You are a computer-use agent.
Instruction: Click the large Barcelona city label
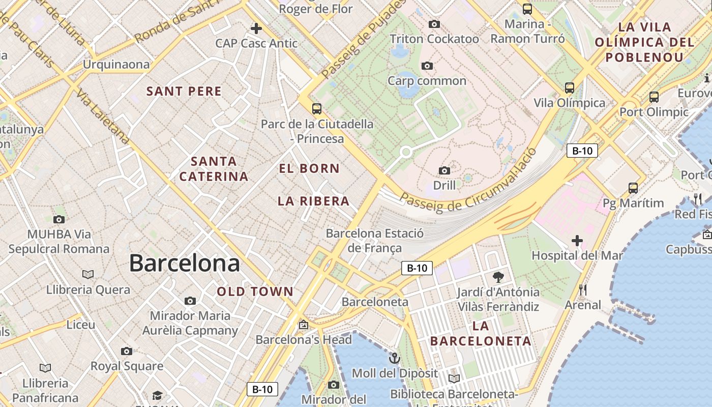[184, 263]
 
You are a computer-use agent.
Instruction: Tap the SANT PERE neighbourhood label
[184, 92]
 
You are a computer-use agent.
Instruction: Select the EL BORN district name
[309, 168]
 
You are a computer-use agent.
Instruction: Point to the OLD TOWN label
[255, 292]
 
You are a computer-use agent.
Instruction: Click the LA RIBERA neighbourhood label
[314, 201]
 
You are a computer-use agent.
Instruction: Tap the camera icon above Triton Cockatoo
[434, 24]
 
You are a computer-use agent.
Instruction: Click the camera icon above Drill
[444, 170]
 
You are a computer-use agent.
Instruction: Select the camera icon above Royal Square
[127, 351]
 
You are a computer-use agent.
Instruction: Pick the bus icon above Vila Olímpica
[570, 88]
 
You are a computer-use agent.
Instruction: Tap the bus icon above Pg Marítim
[633, 188]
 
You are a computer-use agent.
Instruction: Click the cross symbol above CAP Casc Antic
[256, 28]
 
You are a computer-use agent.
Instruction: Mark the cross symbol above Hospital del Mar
[577, 240]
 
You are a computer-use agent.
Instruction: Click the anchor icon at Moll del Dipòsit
[394, 358]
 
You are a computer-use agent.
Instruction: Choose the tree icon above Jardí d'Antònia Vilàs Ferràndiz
[498, 277]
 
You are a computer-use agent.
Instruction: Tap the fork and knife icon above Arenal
[583, 290]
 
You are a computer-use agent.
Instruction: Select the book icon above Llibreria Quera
[88, 275]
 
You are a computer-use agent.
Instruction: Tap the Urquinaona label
[116, 65]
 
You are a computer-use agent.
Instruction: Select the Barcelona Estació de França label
[375, 241]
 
